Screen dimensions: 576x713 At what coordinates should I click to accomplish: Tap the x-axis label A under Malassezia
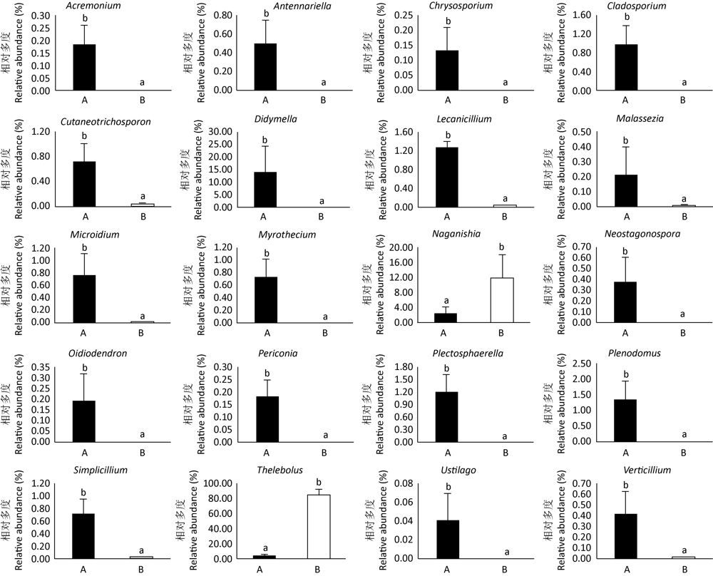point(625,217)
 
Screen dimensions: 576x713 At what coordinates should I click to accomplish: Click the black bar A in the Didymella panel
point(267,190)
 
